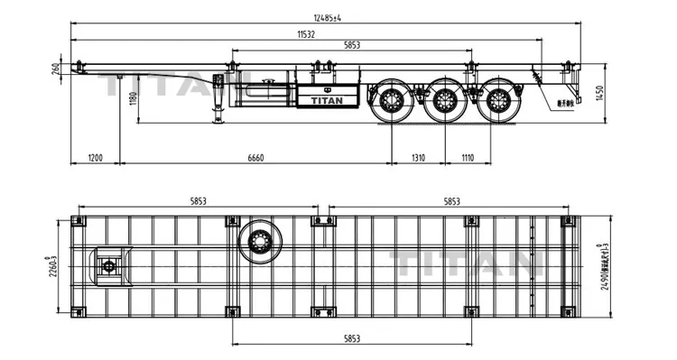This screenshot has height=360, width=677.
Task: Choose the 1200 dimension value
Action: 95,158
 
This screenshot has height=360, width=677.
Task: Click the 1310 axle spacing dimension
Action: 418,158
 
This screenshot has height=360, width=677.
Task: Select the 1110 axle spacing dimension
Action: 467,158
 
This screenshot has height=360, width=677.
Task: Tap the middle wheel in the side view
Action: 443,99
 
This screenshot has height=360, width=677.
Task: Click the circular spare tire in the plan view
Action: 260,241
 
